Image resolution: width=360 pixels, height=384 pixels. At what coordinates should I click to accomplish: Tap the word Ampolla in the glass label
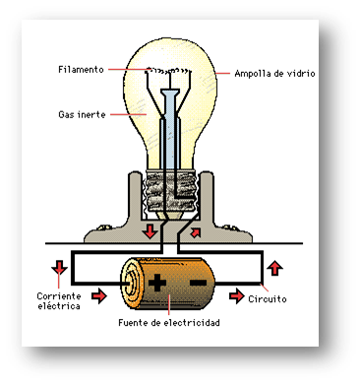pos(254,74)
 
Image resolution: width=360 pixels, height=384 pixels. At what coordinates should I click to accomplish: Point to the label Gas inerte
pos(82,114)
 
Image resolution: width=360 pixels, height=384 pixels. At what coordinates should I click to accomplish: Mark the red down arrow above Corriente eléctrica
pos(59,267)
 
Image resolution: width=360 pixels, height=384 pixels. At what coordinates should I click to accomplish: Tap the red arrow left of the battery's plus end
pos(98,293)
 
